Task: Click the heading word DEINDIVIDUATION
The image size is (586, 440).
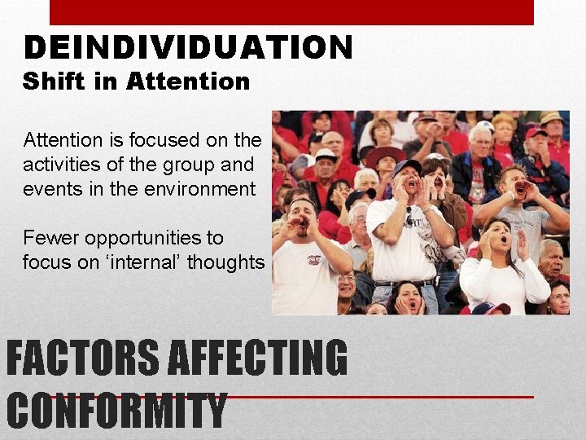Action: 188,48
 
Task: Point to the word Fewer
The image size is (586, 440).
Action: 50,238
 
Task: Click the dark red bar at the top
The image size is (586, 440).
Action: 291,12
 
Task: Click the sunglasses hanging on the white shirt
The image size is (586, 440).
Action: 409,217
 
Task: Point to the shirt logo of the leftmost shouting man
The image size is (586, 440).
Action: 313,260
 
